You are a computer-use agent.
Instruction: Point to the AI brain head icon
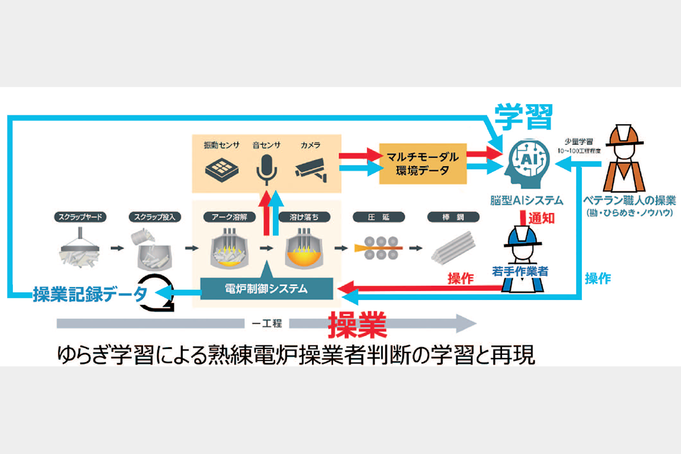527,162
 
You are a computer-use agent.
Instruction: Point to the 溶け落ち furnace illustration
304,250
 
